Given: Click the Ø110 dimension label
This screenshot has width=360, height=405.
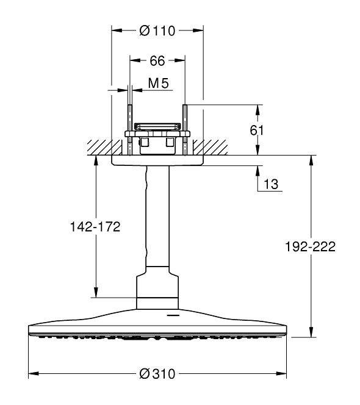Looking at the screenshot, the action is [x=157, y=30].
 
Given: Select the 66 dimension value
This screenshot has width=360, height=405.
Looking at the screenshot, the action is [x=157, y=61].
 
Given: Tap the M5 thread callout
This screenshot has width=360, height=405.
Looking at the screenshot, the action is [x=159, y=83].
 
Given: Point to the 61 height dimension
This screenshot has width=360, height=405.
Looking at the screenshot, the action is [x=257, y=130].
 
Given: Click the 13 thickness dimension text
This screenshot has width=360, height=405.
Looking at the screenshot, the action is [x=271, y=184].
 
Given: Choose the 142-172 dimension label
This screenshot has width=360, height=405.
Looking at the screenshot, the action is [x=95, y=227].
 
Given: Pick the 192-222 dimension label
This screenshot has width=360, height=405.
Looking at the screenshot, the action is [x=310, y=246].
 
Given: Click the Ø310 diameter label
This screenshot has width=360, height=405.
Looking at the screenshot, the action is [x=157, y=374].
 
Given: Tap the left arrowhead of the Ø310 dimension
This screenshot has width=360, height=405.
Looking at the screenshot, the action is [x=34, y=373].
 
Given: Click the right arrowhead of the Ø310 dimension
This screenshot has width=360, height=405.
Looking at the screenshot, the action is [x=281, y=373].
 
